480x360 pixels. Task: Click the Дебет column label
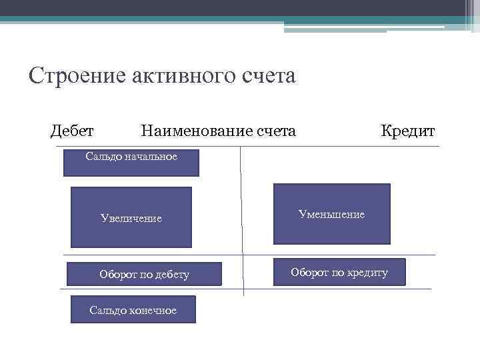click(x=72, y=131)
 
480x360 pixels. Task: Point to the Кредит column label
click(x=407, y=131)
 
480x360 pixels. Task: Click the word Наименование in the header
click(x=197, y=131)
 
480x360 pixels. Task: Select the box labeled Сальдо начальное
click(x=131, y=163)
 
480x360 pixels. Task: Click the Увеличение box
click(x=131, y=217)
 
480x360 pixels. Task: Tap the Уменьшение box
click(x=331, y=214)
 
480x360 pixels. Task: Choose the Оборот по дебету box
click(x=144, y=274)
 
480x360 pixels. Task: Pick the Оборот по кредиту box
click(x=339, y=272)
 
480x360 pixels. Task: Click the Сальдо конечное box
click(x=133, y=310)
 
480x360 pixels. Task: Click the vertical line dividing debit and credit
click(x=241, y=220)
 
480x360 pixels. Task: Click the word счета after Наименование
click(x=276, y=131)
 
